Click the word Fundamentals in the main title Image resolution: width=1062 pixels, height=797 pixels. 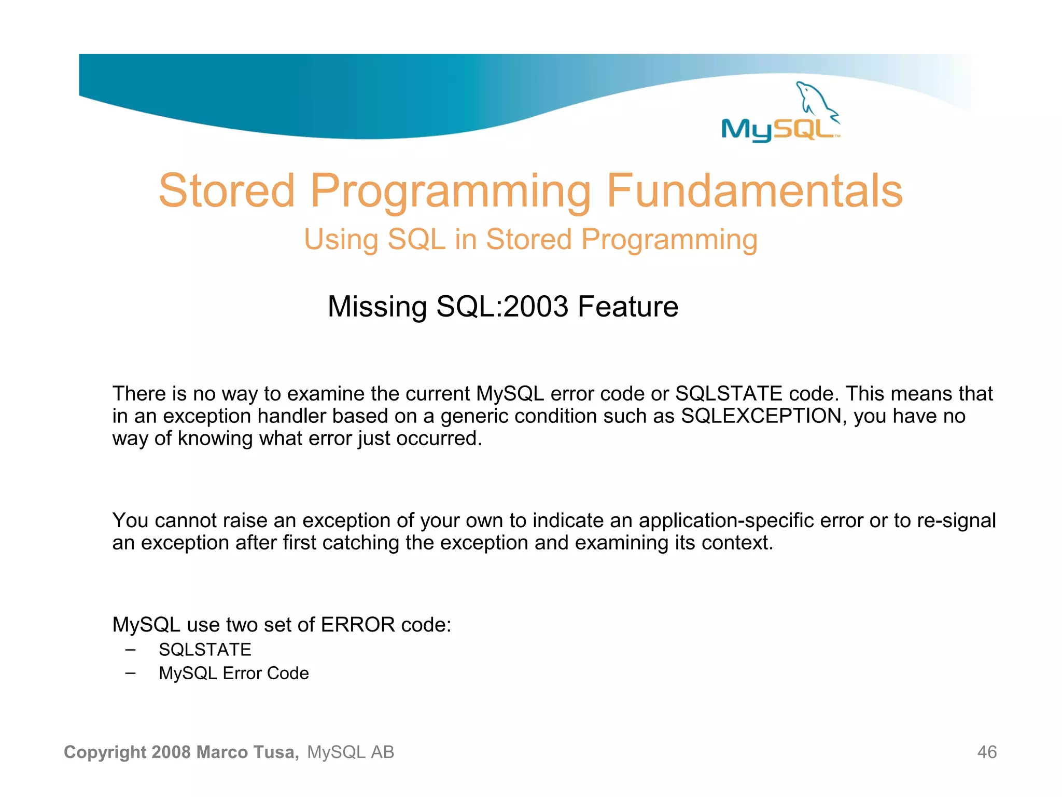(754, 191)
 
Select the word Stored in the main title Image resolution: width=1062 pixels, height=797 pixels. (227, 191)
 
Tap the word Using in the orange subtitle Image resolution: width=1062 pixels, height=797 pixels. (341, 240)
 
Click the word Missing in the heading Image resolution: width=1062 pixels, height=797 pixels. (377, 307)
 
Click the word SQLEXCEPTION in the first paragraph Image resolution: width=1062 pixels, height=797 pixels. (761, 416)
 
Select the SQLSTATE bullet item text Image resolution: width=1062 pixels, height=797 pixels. (205, 650)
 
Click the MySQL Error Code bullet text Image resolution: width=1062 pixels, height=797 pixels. (233, 673)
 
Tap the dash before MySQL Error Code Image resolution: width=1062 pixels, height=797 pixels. (131, 673)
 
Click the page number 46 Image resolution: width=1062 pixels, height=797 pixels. (987, 752)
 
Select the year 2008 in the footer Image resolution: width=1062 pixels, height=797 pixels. (172, 752)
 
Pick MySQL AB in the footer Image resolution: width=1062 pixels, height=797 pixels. (351, 752)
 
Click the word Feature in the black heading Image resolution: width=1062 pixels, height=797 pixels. (627, 307)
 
